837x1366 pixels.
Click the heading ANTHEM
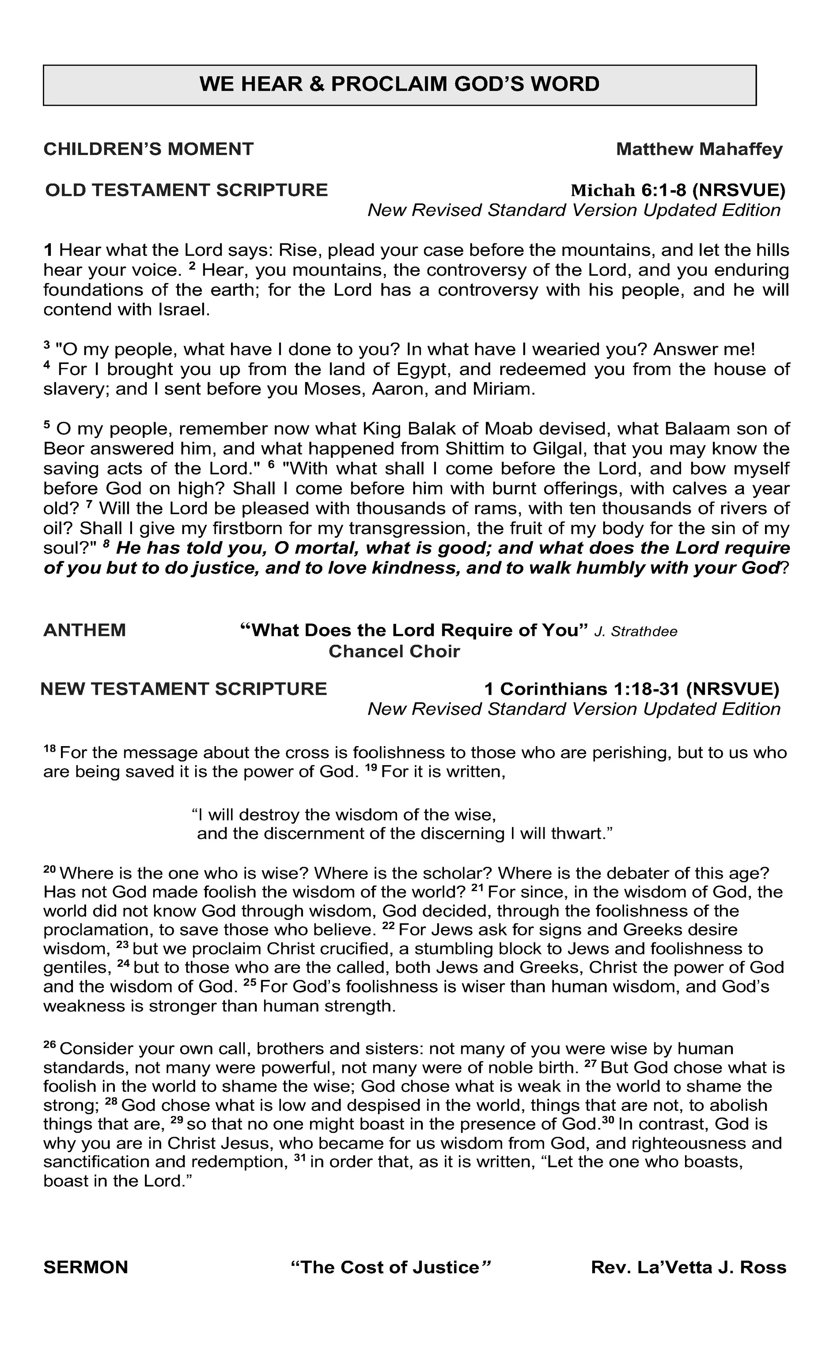(85, 630)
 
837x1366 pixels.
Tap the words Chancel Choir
(394, 651)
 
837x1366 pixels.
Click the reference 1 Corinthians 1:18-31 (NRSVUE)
(631, 689)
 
